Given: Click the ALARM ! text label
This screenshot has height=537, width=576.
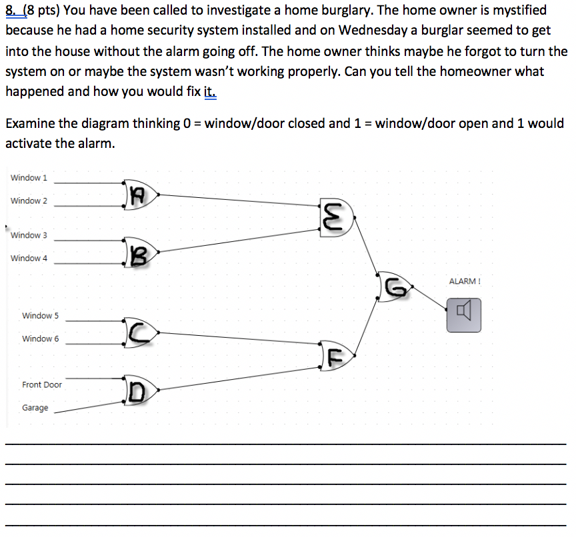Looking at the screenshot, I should tap(465, 281).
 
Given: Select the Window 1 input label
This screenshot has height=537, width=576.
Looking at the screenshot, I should tap(29, 178).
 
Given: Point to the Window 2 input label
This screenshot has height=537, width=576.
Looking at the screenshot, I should tap(29, 201).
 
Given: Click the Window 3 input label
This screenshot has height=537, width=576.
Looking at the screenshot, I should tap(29, 235).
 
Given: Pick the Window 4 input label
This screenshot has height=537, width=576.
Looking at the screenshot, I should tap(29, 259).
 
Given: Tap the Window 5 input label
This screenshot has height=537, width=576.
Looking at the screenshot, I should tap(41, 316).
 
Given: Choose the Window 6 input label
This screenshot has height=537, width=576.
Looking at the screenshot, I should tap(41, 339).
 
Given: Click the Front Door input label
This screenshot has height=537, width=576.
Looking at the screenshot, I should tap(42, 385).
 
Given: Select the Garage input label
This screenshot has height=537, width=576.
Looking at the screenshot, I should tap(35, 408).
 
